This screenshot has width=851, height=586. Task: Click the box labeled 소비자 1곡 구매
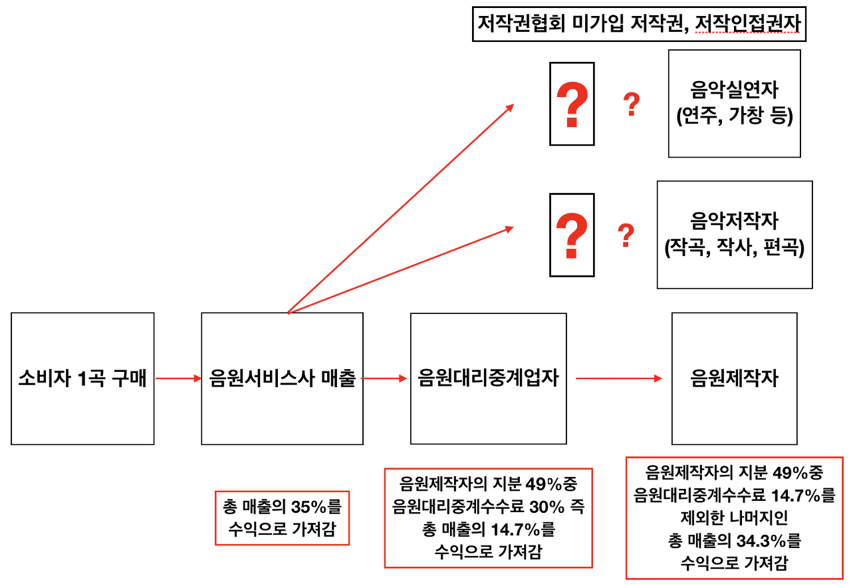[x=82, y=378]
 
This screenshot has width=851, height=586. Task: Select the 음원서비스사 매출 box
[x=282, y=378]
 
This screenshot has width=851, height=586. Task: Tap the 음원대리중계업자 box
[x=488, y=378]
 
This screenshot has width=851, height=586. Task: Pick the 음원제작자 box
[x=734, y=378]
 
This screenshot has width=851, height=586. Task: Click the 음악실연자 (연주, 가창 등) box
[x=734, y=103]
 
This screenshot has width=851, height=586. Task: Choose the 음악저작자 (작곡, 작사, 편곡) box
[x=734, y=234]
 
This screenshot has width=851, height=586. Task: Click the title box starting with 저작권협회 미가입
[x=639, y=25]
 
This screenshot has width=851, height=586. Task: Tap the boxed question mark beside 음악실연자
[x=571, y=104]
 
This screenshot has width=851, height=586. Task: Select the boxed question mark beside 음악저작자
[x=571, y=235]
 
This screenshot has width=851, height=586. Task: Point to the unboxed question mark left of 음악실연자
[x=631, y=105]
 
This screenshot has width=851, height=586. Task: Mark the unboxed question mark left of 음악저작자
[x=625, y=236]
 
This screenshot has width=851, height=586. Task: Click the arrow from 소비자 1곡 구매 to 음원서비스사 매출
[x=178, y=378]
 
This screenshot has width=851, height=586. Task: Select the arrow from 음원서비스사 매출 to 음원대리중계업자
[x=384, y=378]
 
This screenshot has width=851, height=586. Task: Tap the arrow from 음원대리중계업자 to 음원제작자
[x=618, y=378]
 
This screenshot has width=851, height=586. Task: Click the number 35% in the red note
[x=306, y=507]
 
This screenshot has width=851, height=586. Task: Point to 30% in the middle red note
[x=547, y=506]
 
